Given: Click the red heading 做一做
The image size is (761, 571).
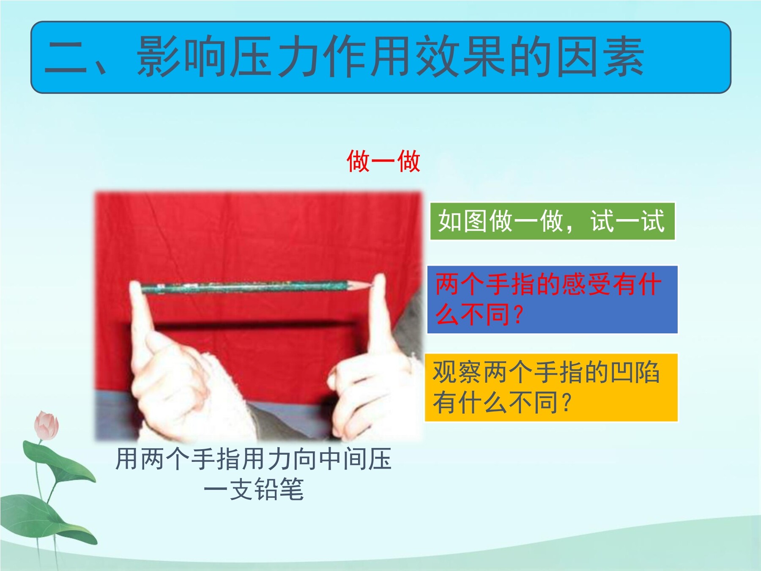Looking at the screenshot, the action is (x=383, y=161).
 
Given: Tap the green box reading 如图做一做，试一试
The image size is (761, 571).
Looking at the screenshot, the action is (x=552, y=221).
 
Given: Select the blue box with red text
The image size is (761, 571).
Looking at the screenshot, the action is (x=552, y=299).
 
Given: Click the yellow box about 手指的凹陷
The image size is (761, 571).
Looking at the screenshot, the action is (x=551, y=387).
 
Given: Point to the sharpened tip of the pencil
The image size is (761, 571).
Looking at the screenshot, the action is (x=372, y=287).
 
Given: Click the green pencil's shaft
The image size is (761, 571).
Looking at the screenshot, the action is (x=245, y=287).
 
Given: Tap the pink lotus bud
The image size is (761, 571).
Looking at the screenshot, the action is (x=47, y=425).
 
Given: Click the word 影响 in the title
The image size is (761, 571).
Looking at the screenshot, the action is (x=181, y=57).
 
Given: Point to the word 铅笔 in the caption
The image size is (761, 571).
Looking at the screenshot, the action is (x=279, y=489).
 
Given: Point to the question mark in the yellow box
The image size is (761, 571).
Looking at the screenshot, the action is (x=567, y=402).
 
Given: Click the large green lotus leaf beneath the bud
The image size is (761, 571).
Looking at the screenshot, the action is (x=59, y=461).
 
